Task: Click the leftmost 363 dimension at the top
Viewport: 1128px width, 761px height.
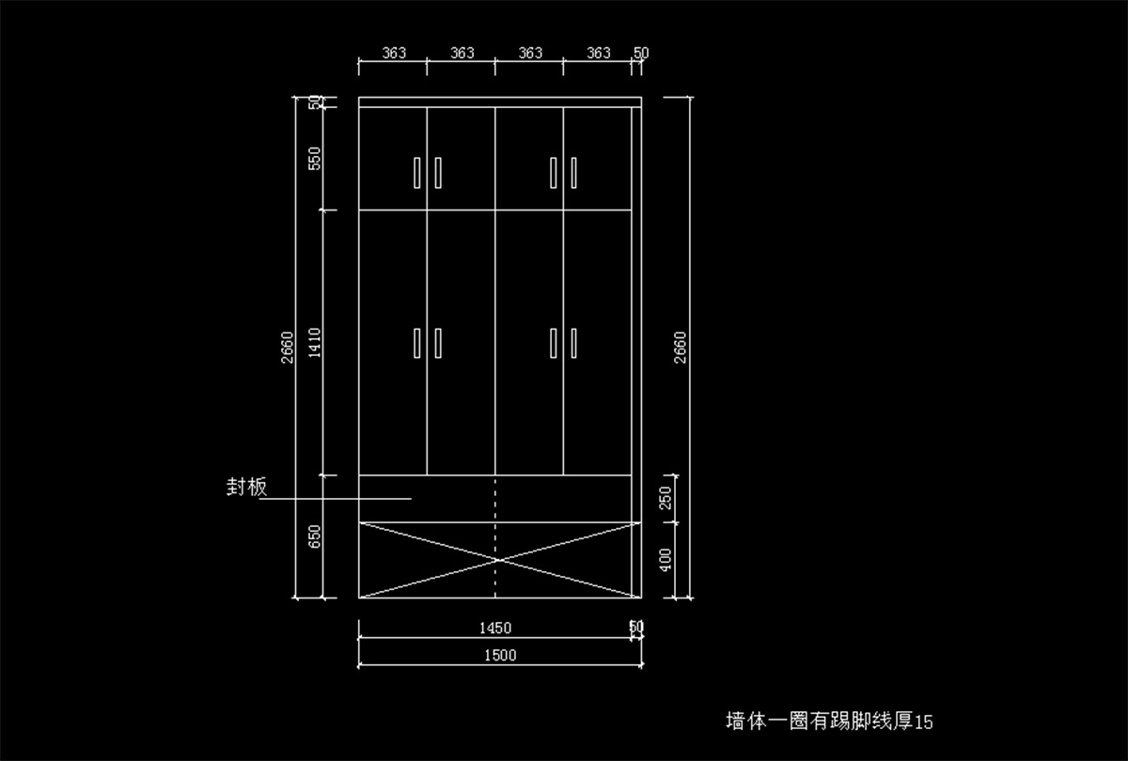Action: pyautogui.click(x=394, y=54)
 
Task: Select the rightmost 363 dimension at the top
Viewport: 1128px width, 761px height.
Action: pyautogui.click(x=598, y=54)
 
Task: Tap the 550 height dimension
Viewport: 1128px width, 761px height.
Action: pyautogui.click(x=315, y=158)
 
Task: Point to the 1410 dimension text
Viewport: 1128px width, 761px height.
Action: pyautogui.click(x=315, y=343)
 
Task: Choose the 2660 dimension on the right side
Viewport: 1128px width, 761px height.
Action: pyautogui.click(x=681, y=347)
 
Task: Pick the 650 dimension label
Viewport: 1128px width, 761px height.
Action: pyautogui.click(x=315, y=536)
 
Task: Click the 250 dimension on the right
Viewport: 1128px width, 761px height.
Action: pyautogui.click(x=666, y=499)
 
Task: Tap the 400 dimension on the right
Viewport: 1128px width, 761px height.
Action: pyautogui.click(x=666, y=560)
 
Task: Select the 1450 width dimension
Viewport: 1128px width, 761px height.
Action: pyautogui.click(x=495, y=628)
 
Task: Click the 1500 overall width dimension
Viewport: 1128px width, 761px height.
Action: pyautogui.click(x=500, y=656)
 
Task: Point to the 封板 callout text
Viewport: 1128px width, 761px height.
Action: pyautogui.click(x=246, y=487)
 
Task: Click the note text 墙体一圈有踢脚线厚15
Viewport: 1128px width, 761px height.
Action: pyautogui.click(x=829, y=722)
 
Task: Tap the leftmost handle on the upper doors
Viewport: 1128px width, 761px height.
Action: pyautogui.click(x=416, y=172)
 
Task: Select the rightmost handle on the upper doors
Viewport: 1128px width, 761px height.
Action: pyautogui.click(x=573, y=172)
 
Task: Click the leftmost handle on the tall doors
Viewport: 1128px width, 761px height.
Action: pyautogui.click(x=416, y=342)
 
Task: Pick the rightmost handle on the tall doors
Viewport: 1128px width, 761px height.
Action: pyautogui.click(x=573, y=342)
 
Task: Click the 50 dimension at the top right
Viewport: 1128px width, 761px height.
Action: pyautogui.click(x=641, y=54)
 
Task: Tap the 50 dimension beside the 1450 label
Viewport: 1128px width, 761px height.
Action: pyautogui.click(x=636, y=627)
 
